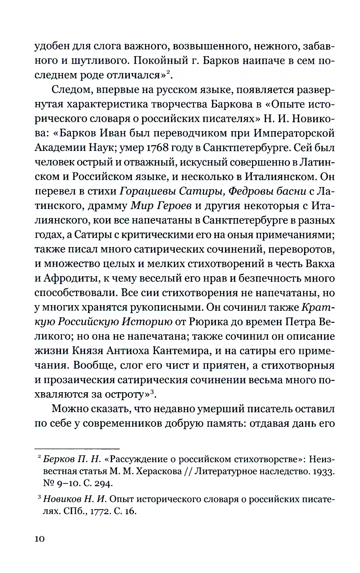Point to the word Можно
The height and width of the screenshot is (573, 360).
coord(70,409)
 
